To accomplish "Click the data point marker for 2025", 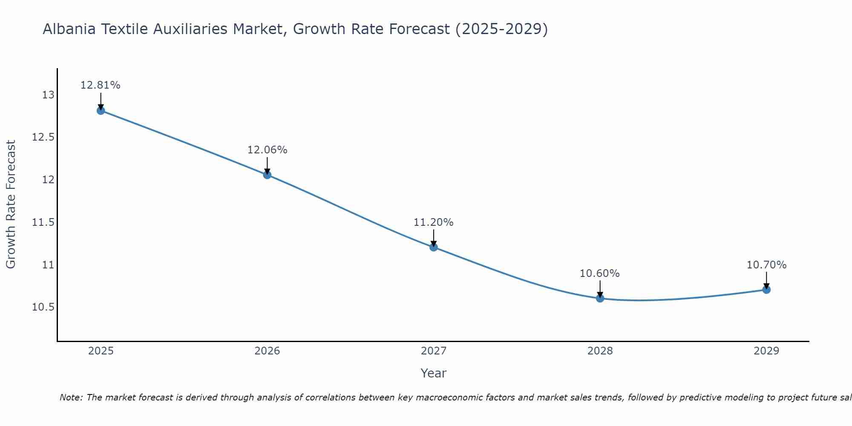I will pos(101,111).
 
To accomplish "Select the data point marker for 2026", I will pos(267,175).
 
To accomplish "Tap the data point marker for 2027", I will pos(434,247).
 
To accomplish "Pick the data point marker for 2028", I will pos(600,298).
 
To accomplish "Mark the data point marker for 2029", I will pos(766,290).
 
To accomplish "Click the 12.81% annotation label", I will pos(101,85).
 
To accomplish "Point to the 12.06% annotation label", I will pos(267,150).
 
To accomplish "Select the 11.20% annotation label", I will pos(434,222).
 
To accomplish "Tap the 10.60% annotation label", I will pos(600,273).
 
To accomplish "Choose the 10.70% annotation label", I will pos(766,265).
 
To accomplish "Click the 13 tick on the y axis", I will pos(48,95).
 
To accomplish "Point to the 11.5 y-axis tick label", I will pos(43,222).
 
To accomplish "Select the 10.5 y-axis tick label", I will pos(43,307).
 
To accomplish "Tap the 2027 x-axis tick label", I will pos(434,351).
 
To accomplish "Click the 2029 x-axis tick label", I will pos(766,351).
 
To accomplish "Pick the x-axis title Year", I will pos(434,373).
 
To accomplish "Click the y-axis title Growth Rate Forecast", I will pos(11,204).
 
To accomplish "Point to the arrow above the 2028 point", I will pos(600,289).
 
